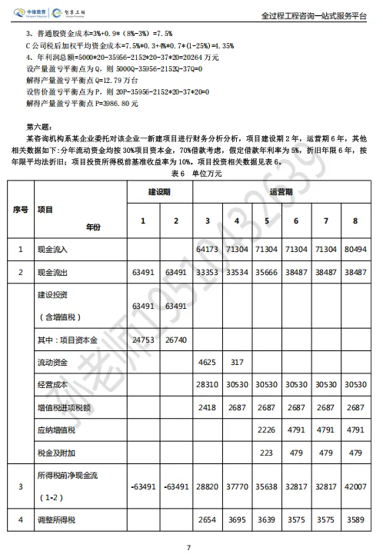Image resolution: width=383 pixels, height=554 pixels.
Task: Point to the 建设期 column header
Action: [x=162, y=191]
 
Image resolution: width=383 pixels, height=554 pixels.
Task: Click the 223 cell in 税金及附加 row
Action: [x=267, y=453]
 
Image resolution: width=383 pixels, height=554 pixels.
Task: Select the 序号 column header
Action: [x=20, y=208]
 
